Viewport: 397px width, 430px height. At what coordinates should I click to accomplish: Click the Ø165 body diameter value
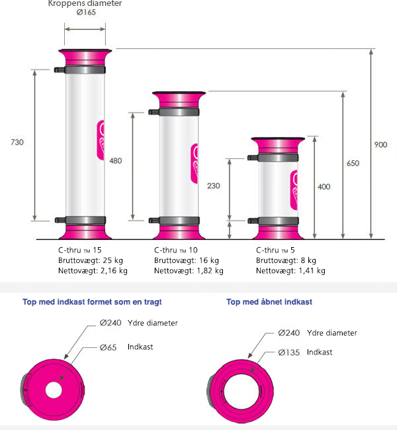point(86,13)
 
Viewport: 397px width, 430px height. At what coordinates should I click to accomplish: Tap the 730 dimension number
point(17,142)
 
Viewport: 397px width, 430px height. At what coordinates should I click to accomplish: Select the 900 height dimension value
point(380,144)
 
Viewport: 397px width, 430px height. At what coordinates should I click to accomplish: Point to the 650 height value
point(353,163)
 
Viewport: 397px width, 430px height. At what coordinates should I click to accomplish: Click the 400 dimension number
point(324,187)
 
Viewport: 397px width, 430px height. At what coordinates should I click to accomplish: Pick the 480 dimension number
point(116,161)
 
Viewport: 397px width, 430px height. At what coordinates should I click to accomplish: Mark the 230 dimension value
point(214,186)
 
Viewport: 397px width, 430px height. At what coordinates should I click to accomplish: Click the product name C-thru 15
point(79,250)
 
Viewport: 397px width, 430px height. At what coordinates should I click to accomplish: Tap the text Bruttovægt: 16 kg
point(187,260)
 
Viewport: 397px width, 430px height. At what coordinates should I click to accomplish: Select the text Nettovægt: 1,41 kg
point(290,271)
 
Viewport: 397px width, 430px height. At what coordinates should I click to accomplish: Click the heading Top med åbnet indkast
point(269,301)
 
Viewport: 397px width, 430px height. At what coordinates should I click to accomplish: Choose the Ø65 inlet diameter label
point(108,347)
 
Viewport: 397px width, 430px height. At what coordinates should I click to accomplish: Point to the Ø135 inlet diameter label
point(289,352)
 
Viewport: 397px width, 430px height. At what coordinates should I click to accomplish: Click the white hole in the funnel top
point(54,390)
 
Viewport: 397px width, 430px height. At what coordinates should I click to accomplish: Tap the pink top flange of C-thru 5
point(278,145)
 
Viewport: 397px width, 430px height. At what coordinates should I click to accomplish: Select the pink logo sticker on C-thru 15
point(101,140)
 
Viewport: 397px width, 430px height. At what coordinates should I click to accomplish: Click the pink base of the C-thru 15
point(85,232)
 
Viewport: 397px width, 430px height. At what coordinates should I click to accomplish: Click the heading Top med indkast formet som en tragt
point(92,301)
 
